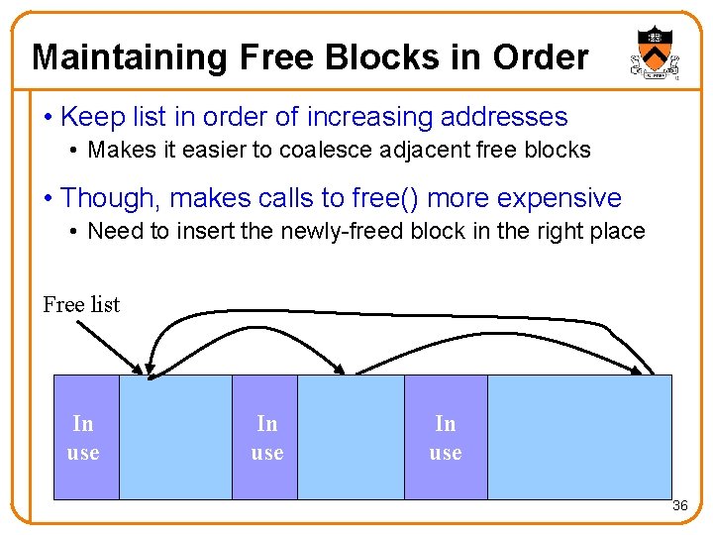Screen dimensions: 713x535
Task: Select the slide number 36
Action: (679, 506)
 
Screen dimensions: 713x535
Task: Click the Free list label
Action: (81, 305)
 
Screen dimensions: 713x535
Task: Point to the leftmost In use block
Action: (84, 437)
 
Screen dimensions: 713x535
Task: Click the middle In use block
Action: (265, 437)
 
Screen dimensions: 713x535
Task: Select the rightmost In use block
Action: (446, 437)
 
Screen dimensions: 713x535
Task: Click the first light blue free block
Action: (175, 437)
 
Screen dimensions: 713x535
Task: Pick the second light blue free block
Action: (351, 437)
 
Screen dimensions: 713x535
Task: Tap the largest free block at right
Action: (579, 437)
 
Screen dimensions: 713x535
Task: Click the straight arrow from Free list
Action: (111, 347)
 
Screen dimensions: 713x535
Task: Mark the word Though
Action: (110, 198)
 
